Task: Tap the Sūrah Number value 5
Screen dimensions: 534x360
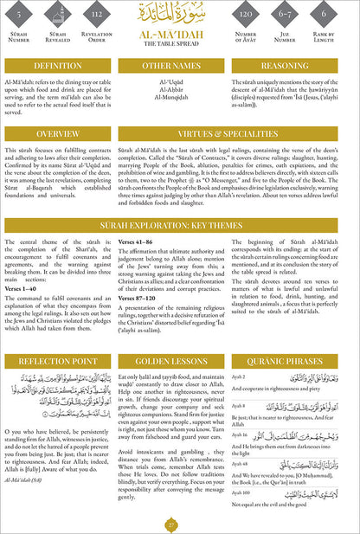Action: pyautogui.click(x=20, y=15)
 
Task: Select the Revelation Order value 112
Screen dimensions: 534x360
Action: pyautogui.click(x=97, y=15)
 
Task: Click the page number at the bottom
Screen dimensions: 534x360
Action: pyautogui.click(x=180, y=523)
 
